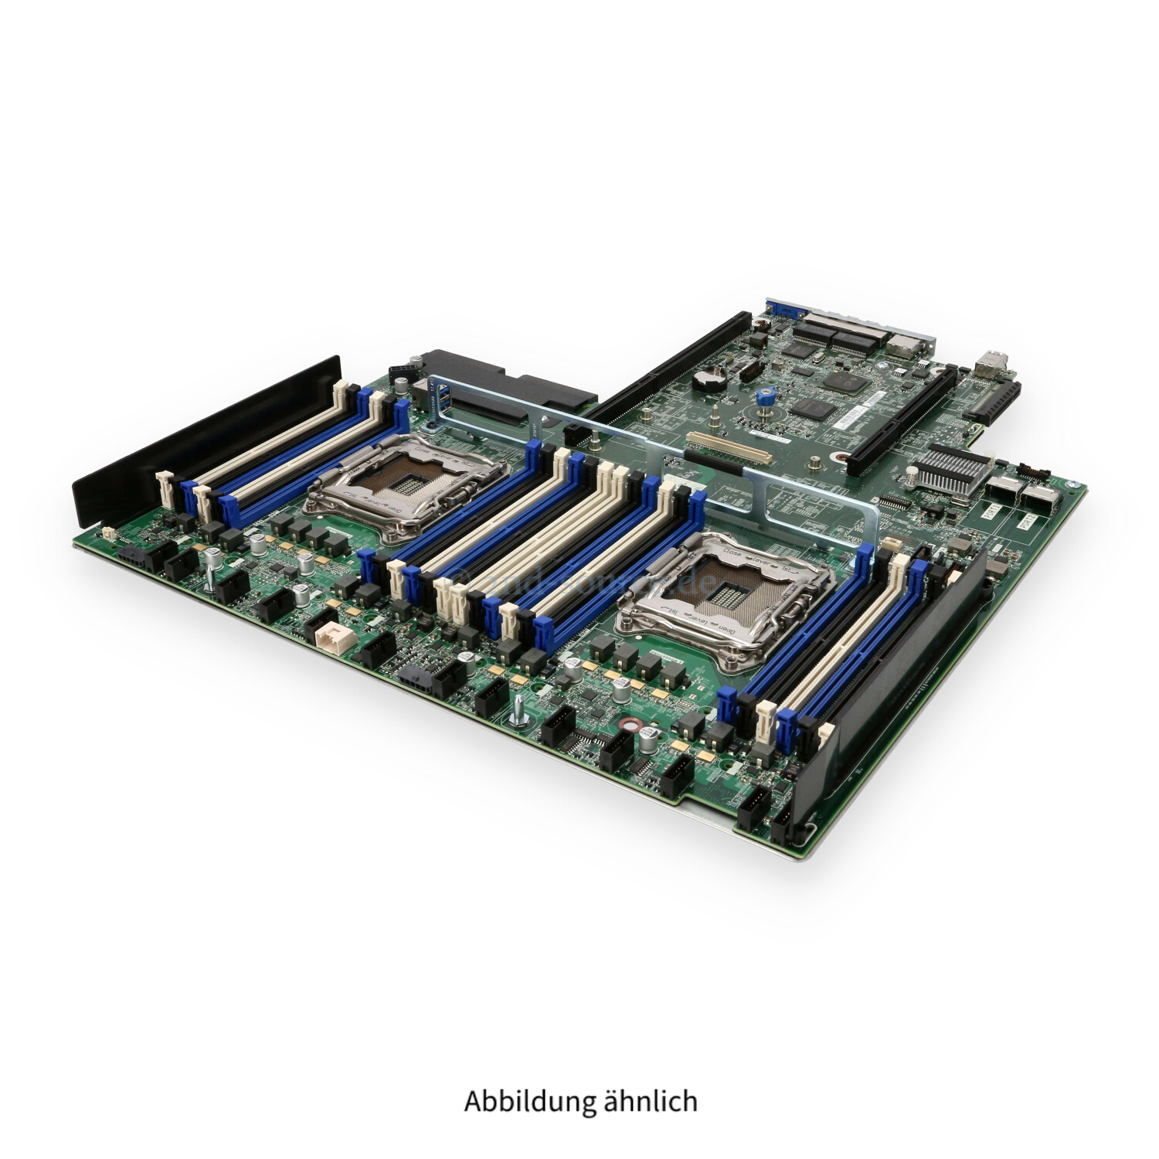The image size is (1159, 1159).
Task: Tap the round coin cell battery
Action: tap(705, 377)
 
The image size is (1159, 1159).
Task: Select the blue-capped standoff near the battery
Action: tap(769, 396)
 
